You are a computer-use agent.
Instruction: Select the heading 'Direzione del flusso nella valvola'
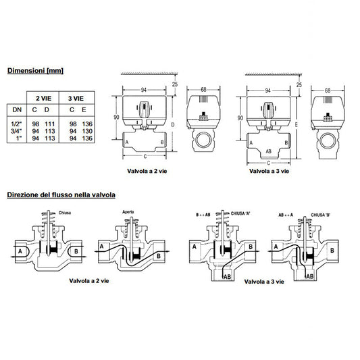(x=61, y=195)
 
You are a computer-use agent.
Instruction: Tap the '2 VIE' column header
(x=41, y=98)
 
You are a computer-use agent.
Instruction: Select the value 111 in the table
(x=48, y=122)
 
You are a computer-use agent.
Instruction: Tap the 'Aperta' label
(x=128, y=212)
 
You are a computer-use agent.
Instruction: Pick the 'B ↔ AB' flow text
(x=203, y=213)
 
